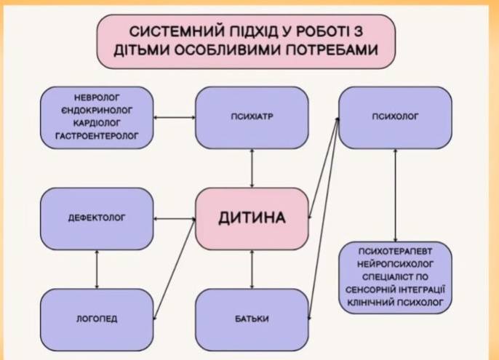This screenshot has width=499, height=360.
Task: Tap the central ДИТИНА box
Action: [x=252, y=216]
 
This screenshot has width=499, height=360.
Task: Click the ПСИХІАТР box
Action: [x=252, y=116]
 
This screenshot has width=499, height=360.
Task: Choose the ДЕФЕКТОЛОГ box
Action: [x=97, y=217]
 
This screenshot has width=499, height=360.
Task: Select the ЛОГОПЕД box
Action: [x=97, y=318]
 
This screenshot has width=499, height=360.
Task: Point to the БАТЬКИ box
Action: [x=252, y=318]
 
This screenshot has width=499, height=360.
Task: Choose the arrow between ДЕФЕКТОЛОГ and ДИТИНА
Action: [x=175, y=217]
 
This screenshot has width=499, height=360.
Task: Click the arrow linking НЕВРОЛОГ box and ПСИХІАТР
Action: [x=175, y=116]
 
